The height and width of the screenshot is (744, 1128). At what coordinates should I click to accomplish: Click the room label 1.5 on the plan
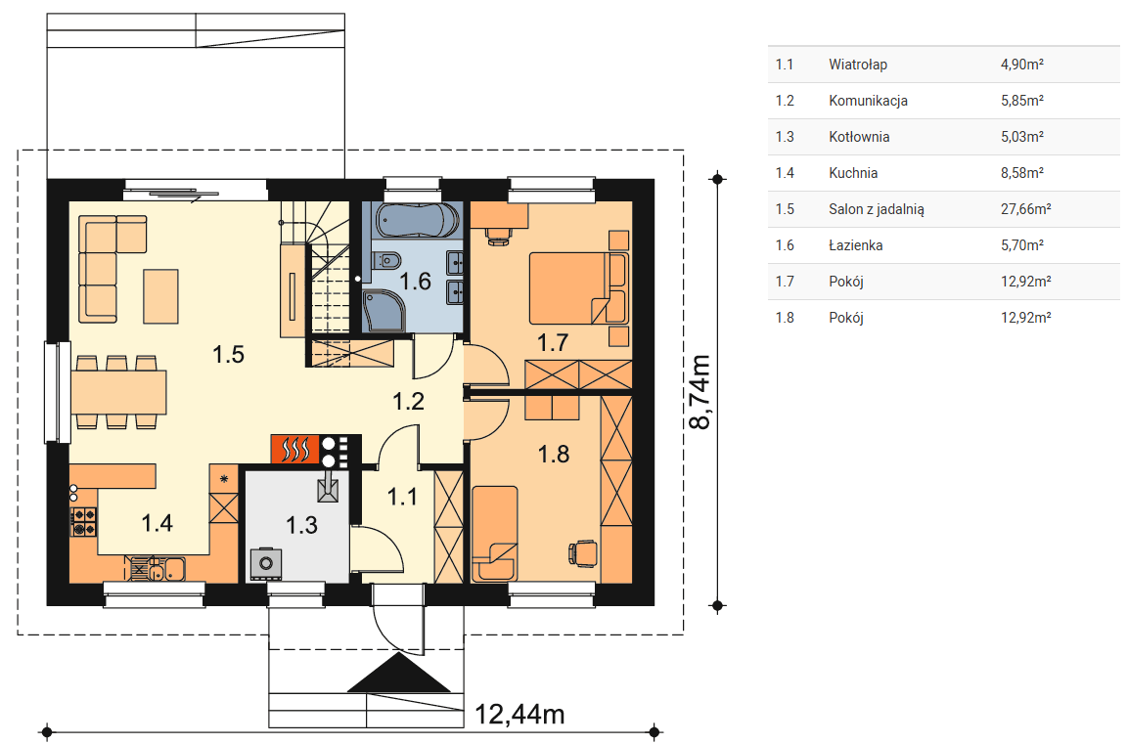tap(228, 354)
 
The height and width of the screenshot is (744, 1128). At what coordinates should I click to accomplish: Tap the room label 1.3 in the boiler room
tap(301, 525)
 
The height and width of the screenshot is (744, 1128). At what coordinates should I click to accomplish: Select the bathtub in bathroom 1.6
tap(417, 221)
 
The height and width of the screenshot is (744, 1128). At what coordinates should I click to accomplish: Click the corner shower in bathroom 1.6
tap(384, 311)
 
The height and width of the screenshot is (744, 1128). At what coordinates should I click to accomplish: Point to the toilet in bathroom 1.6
tap(386, 259)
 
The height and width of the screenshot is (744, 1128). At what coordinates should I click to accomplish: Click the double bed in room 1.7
tap(578, 288)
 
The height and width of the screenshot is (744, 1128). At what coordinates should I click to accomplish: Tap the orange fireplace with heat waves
tap(294, 450)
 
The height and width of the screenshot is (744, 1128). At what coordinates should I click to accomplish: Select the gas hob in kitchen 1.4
tap(83, 522)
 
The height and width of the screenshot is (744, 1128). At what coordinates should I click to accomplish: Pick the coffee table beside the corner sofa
tap(160, 296)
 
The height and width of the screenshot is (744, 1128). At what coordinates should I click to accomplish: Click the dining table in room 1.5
tap(118, 392)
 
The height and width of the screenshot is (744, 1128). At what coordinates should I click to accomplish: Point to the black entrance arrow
tap(399, 674)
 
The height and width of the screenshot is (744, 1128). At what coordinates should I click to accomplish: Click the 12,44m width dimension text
tap(519, 715)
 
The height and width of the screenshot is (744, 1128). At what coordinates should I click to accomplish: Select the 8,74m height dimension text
tap(699, 392)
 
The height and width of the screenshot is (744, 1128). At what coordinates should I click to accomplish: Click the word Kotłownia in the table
tap(859, 137)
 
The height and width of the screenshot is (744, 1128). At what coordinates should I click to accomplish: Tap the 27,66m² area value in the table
tap(1026, 209)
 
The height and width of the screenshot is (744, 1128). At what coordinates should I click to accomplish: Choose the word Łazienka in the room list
tap(855, 245)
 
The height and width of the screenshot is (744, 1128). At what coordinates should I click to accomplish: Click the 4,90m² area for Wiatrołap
tap(1022, 64)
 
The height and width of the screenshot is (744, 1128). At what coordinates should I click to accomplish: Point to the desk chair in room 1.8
tap(583, 552)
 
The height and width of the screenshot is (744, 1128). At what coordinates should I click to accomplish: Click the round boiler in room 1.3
tap(266, 563)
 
